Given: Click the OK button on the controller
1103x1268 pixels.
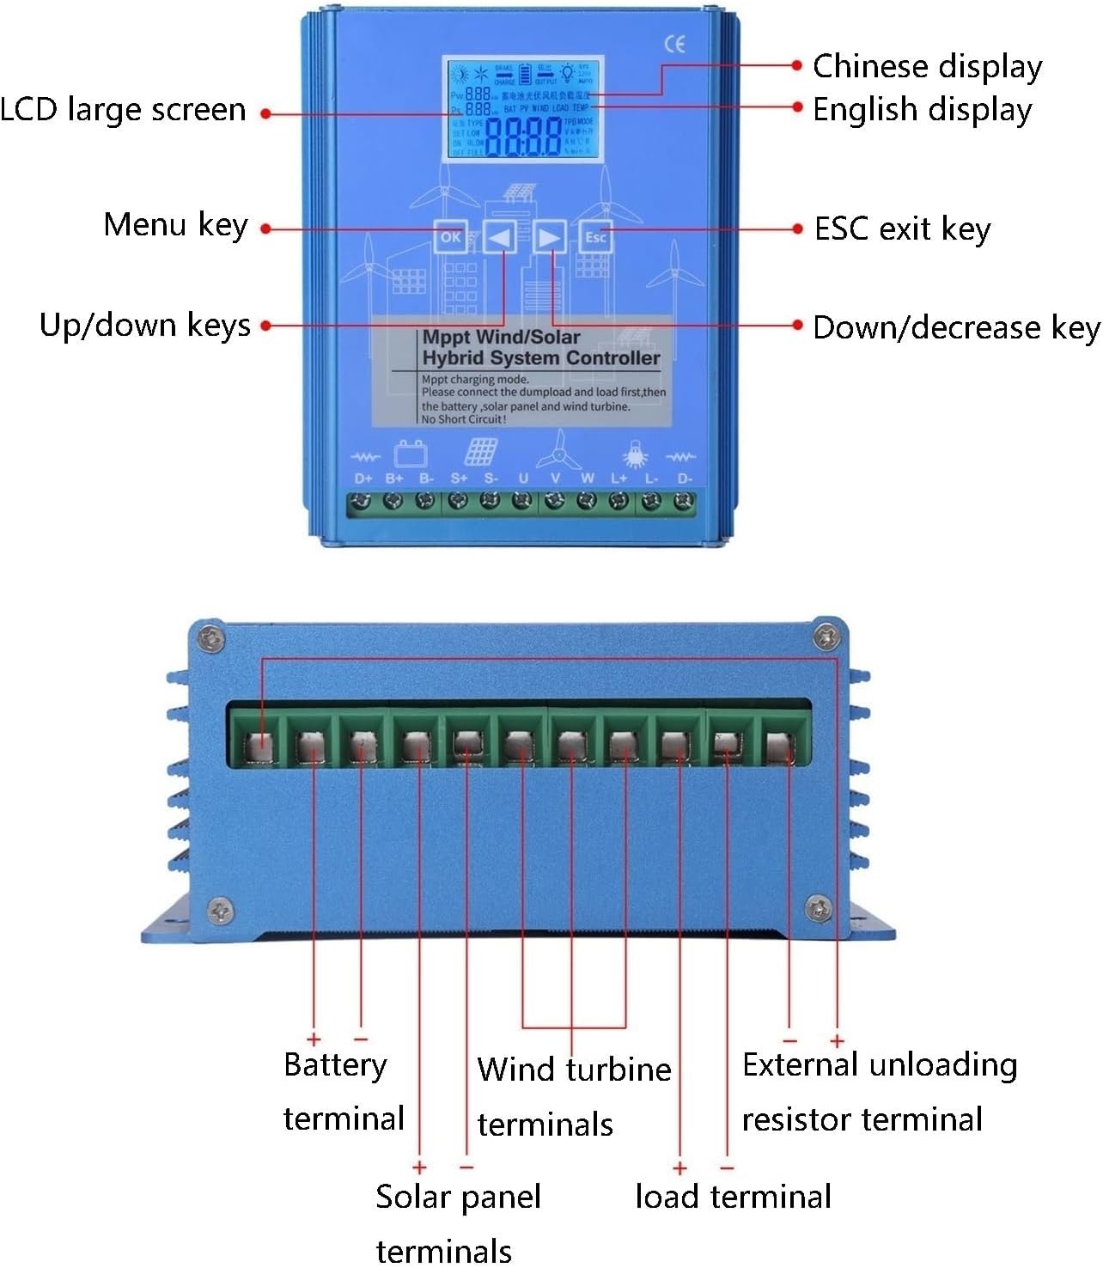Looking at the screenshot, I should (450, 237).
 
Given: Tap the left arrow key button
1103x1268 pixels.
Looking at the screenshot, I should (499, 237).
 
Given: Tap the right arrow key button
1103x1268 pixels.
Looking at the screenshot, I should (549, 237).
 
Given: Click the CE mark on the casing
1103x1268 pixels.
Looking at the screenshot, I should (675, 45).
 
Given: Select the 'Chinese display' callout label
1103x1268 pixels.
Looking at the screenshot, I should (927, 66).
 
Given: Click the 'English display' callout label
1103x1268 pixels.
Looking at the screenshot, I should (922, 110).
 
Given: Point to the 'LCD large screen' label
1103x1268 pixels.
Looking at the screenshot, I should (123, 110).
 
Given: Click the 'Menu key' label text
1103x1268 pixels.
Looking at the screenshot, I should (175, 225).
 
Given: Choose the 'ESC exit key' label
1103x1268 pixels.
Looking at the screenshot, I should (902, 229).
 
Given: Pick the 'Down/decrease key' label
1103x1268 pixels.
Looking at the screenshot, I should (955, 327).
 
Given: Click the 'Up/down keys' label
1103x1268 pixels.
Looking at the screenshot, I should (145, 326).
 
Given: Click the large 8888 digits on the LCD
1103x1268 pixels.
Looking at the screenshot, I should (523, 137).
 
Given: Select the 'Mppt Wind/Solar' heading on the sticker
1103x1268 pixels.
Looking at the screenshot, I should (501, 337).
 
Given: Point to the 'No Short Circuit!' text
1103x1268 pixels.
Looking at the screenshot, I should (464, 419).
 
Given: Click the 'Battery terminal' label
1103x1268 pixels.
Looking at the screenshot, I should (343, 1091).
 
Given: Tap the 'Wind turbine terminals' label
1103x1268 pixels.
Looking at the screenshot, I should (573, 1096).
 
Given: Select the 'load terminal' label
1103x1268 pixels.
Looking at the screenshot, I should (733, 1197).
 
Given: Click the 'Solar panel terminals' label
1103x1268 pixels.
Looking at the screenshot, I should (458, 1222).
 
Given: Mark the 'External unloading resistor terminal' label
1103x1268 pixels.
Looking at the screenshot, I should (879, 1092).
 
